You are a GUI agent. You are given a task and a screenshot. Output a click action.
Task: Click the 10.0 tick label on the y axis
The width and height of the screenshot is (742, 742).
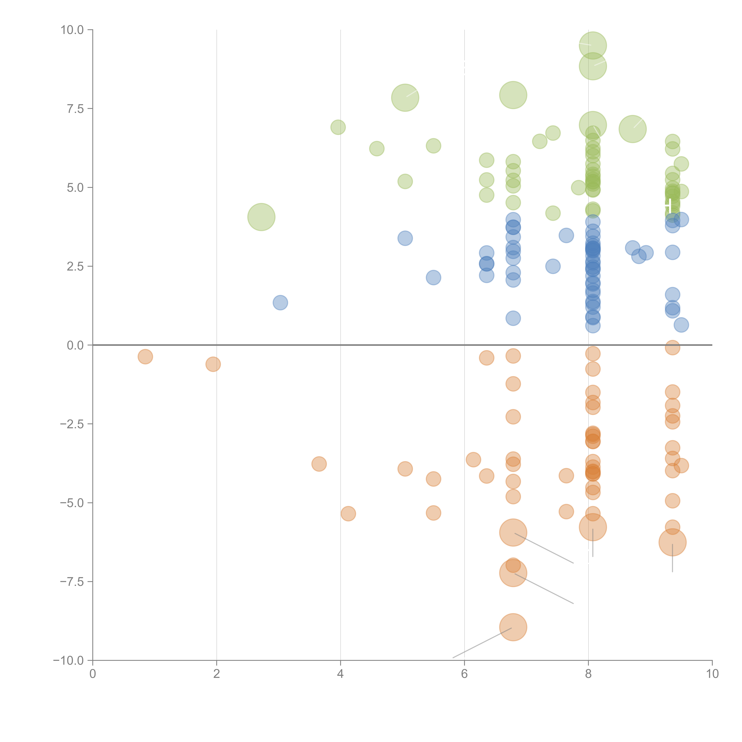(72, 30)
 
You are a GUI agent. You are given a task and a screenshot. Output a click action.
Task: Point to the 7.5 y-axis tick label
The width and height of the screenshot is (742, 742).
(75, 109)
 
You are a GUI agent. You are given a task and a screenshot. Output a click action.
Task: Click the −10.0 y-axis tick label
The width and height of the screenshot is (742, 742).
(69, 661)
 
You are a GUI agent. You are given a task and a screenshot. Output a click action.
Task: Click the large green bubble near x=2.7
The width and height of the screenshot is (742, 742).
(261, 217)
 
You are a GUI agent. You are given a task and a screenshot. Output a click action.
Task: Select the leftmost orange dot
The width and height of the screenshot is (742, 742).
(145, 357)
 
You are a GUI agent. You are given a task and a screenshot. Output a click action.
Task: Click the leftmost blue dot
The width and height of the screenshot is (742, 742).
(280, 303)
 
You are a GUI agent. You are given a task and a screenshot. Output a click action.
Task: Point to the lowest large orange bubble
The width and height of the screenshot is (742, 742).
(513, 627)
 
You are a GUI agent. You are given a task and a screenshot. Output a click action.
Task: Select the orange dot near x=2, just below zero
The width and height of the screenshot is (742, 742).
(213, 364)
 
